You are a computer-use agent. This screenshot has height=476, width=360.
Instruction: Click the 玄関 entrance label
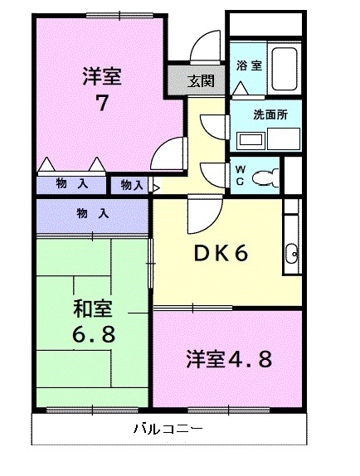tap(200, 80)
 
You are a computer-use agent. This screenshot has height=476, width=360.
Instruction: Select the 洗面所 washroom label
tap(271, 115)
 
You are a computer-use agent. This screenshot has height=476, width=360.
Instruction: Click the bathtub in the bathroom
tap(287, 66)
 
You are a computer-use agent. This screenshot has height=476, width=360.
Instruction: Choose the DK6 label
tap(221, 255)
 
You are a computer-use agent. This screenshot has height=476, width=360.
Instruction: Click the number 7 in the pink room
tap(101, 105)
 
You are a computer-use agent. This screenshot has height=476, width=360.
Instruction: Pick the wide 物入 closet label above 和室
tap(92, 213)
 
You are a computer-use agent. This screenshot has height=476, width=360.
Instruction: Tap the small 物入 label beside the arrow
tap(133, 185)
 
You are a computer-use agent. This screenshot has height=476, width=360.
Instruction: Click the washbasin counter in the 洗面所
tap(249, 139)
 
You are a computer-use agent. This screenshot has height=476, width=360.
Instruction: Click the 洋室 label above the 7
tap(101, 77)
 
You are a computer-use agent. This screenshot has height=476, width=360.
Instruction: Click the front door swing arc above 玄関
tap(202, 50)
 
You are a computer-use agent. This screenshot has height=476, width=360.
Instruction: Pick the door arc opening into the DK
tap(202, 214)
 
